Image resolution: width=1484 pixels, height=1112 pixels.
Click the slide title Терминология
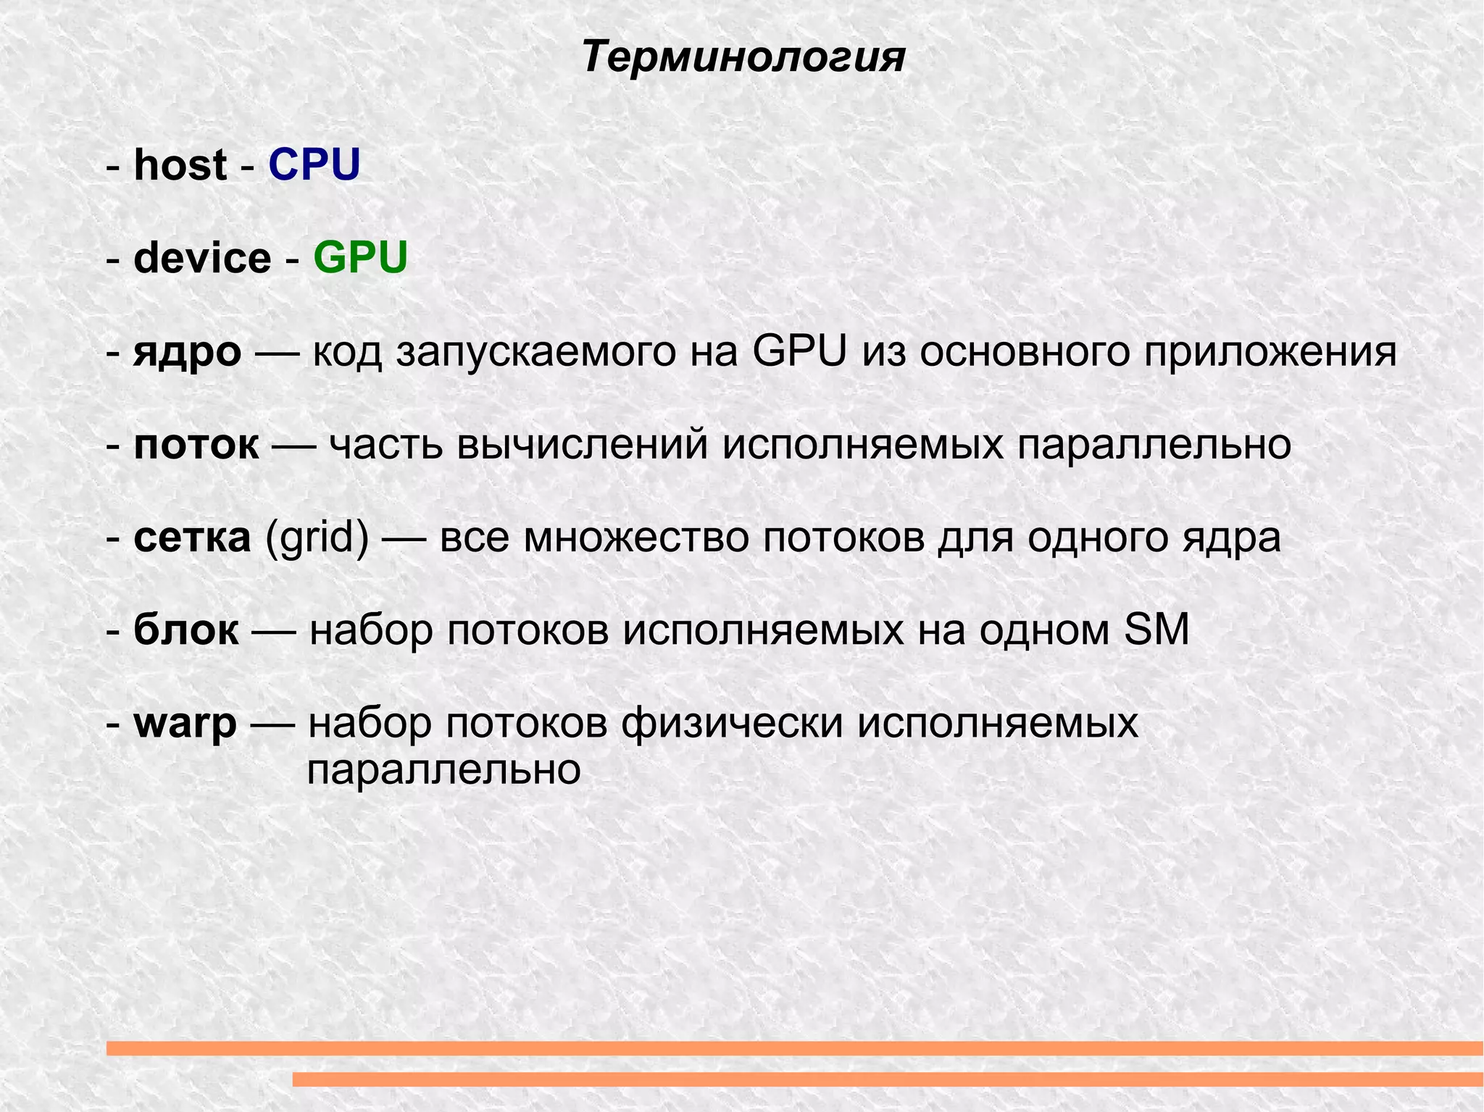coord(743,57)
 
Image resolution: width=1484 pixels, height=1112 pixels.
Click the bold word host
coord(180,164)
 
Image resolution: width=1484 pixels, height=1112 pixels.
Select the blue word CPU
coord(314,164)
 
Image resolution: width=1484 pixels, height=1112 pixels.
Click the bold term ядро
coord(187,353)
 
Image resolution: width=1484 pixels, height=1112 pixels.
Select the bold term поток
coord(196,444)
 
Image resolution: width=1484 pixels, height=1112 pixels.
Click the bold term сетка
coord(192,538)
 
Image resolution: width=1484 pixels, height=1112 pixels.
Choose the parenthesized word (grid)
coord(317,538)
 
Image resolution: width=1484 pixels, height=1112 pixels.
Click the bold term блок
coord(185,630)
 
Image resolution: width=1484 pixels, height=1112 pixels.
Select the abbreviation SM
coord(1156,630)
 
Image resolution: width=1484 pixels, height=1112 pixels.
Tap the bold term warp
coord(185,723)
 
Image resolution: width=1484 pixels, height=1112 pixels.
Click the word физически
coord(732,723)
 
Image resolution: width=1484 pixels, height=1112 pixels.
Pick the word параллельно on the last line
coord(443,769)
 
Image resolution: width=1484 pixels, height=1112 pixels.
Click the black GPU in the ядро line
coord(799,353)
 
